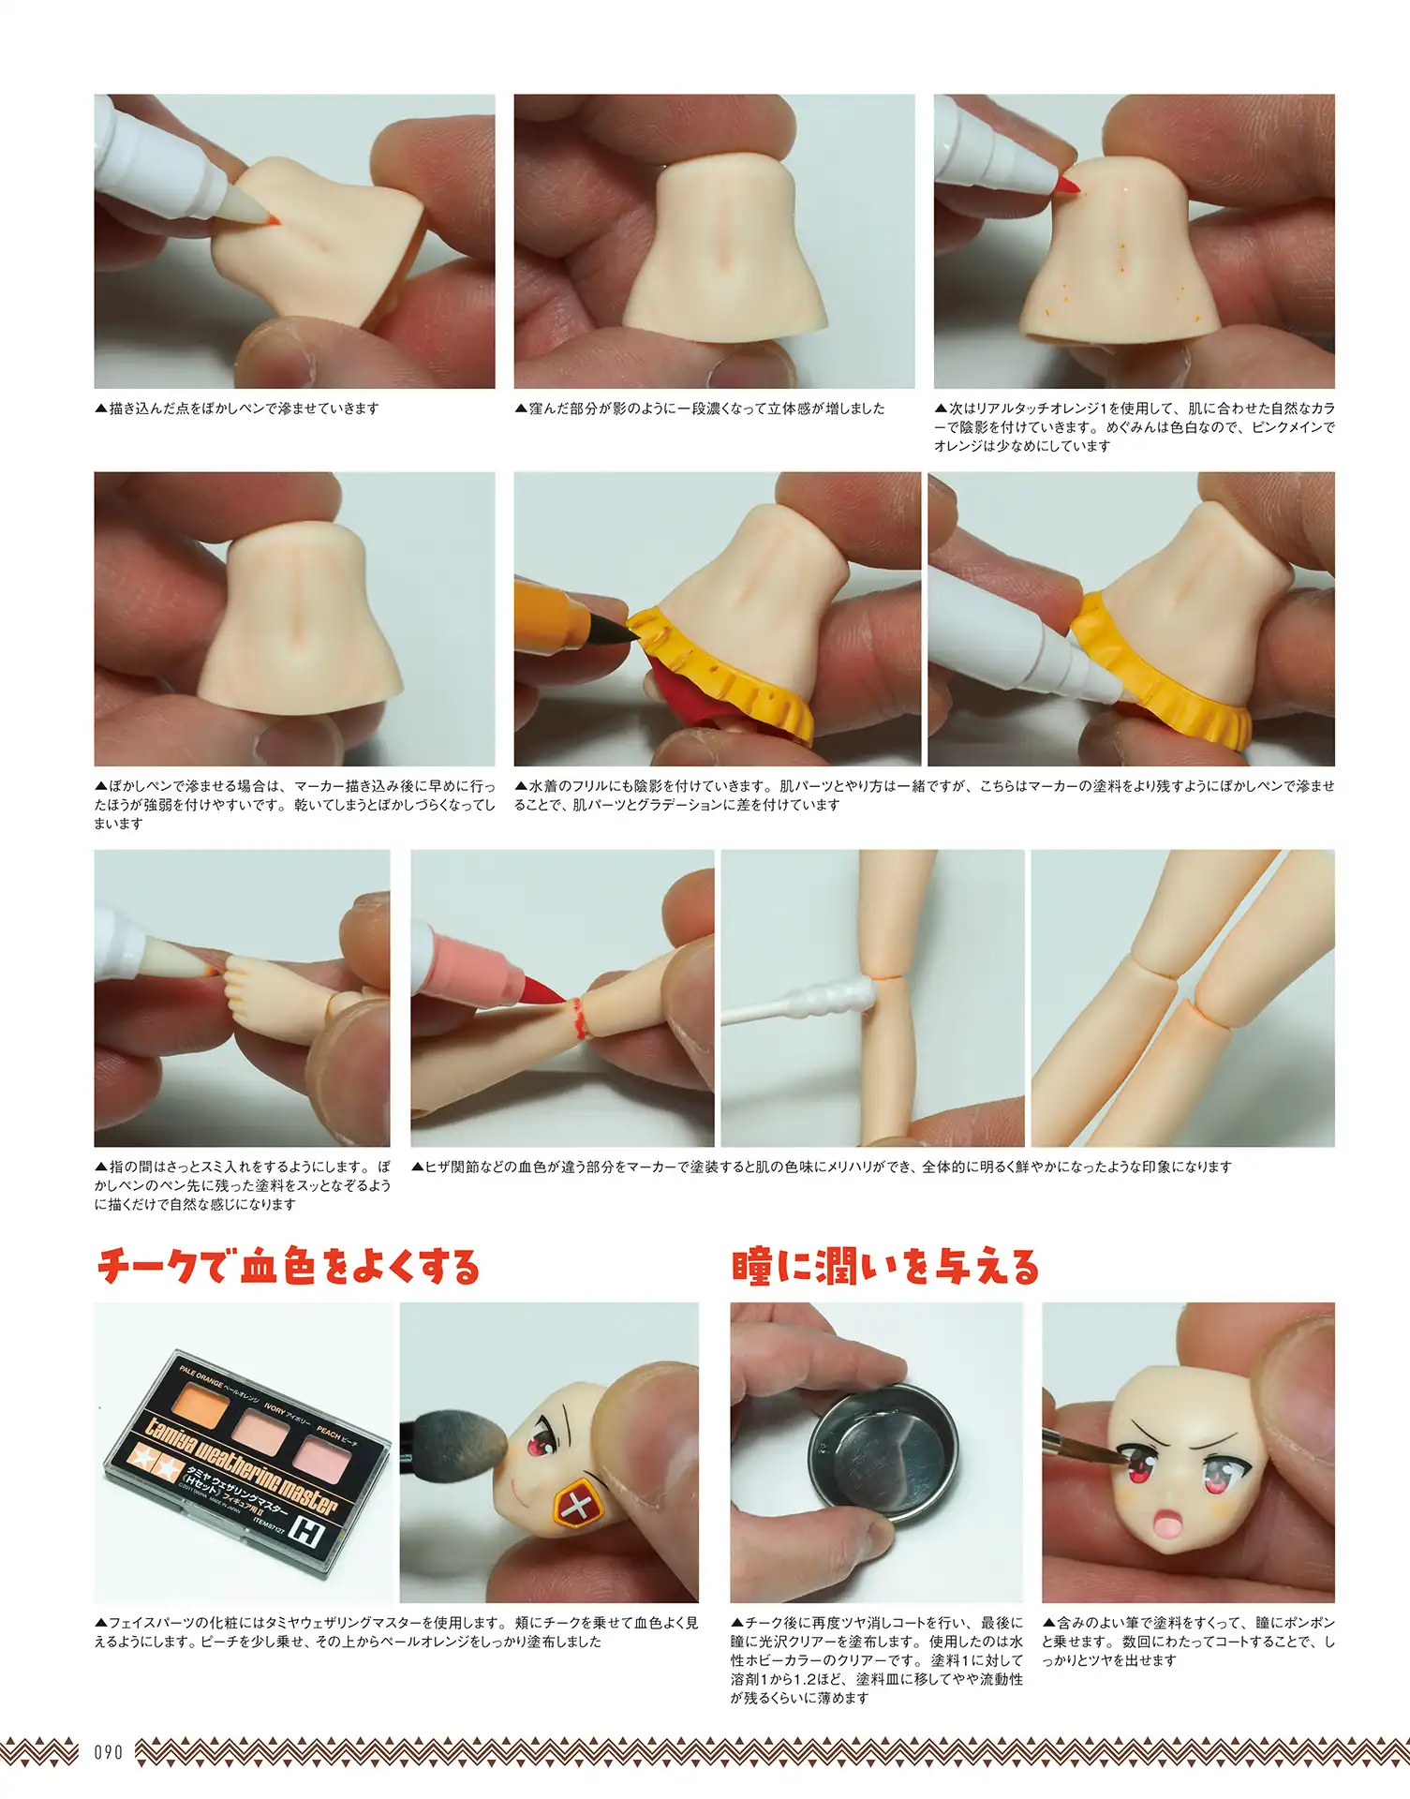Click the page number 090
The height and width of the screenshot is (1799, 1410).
tap(109, 1751)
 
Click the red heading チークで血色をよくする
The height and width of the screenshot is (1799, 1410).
tap(288, 1267)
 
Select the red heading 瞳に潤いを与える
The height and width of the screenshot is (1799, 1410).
tap(885, 1267)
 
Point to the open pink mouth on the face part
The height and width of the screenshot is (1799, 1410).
tap(1169, 1525)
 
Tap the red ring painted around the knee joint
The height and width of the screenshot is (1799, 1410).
tap(579, 1019)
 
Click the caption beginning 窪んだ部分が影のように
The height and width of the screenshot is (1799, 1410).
tap(699, 409)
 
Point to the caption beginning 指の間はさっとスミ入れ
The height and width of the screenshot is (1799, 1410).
tap(243, 1185)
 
